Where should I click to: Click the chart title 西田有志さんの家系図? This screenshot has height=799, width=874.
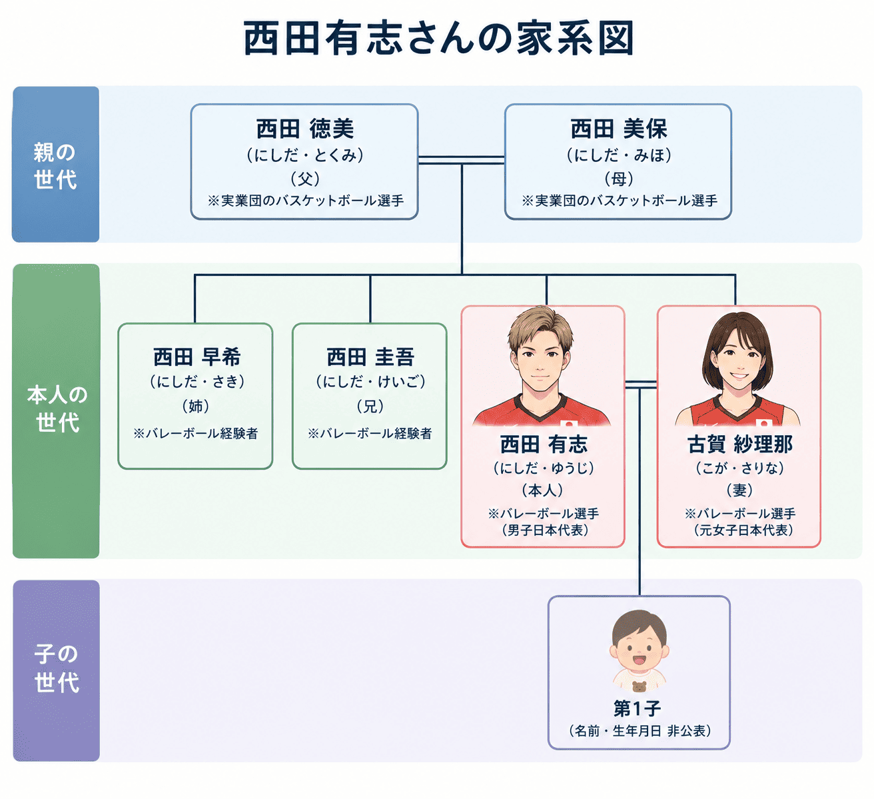point(438,39)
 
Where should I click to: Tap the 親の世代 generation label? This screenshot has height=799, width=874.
point(55,166)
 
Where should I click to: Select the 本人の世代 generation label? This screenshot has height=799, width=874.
point(57,409)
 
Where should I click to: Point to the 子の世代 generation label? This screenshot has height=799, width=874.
point(57,668)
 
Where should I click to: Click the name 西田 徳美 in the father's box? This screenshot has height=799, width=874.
point(304,129)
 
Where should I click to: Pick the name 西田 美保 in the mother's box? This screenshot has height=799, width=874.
point(619,129)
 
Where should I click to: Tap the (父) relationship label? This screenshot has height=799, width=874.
point(305,179)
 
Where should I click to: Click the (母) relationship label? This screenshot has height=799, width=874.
point(619,179)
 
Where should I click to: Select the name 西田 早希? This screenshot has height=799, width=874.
point(197,357)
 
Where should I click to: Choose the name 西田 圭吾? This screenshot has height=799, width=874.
point(370,357)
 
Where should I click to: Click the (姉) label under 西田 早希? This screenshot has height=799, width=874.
point(196,406)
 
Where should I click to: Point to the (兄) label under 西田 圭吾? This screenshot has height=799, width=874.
point(370,406)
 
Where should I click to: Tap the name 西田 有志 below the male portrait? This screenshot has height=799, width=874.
point(544,444)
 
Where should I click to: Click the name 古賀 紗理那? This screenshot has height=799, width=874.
point(740,444)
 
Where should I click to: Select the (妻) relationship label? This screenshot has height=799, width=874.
point(739,490)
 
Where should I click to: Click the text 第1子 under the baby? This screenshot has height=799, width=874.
point(637,709)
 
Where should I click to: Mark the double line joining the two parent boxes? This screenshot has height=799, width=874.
point(462,160)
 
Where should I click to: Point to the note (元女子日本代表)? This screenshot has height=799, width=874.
point(743,530)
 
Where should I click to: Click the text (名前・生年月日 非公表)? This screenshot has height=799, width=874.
point(640,730)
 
